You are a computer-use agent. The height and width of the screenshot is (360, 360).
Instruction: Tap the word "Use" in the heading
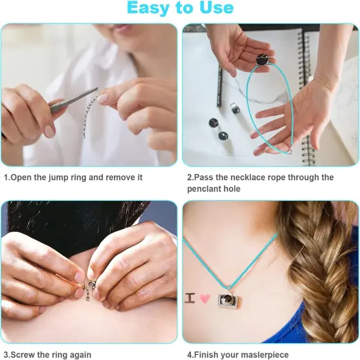coord(214,9)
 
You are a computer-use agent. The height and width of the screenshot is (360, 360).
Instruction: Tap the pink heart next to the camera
coord(205,298)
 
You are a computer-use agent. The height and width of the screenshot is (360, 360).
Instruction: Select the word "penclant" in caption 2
coord(205,189)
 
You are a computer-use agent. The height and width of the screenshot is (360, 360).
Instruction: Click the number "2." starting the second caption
coord(191,177)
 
